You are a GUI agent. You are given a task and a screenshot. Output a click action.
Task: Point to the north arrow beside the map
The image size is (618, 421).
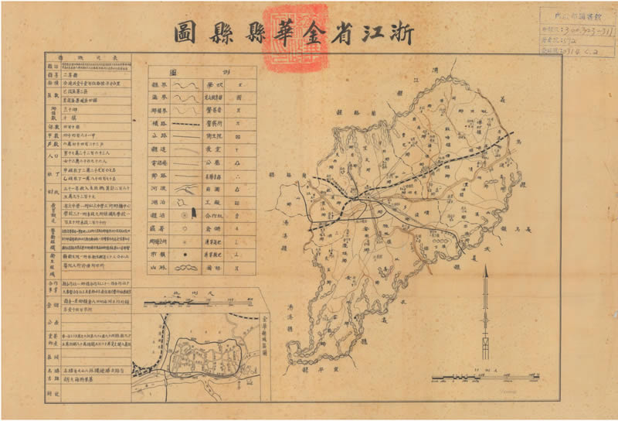tap(485, 310)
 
